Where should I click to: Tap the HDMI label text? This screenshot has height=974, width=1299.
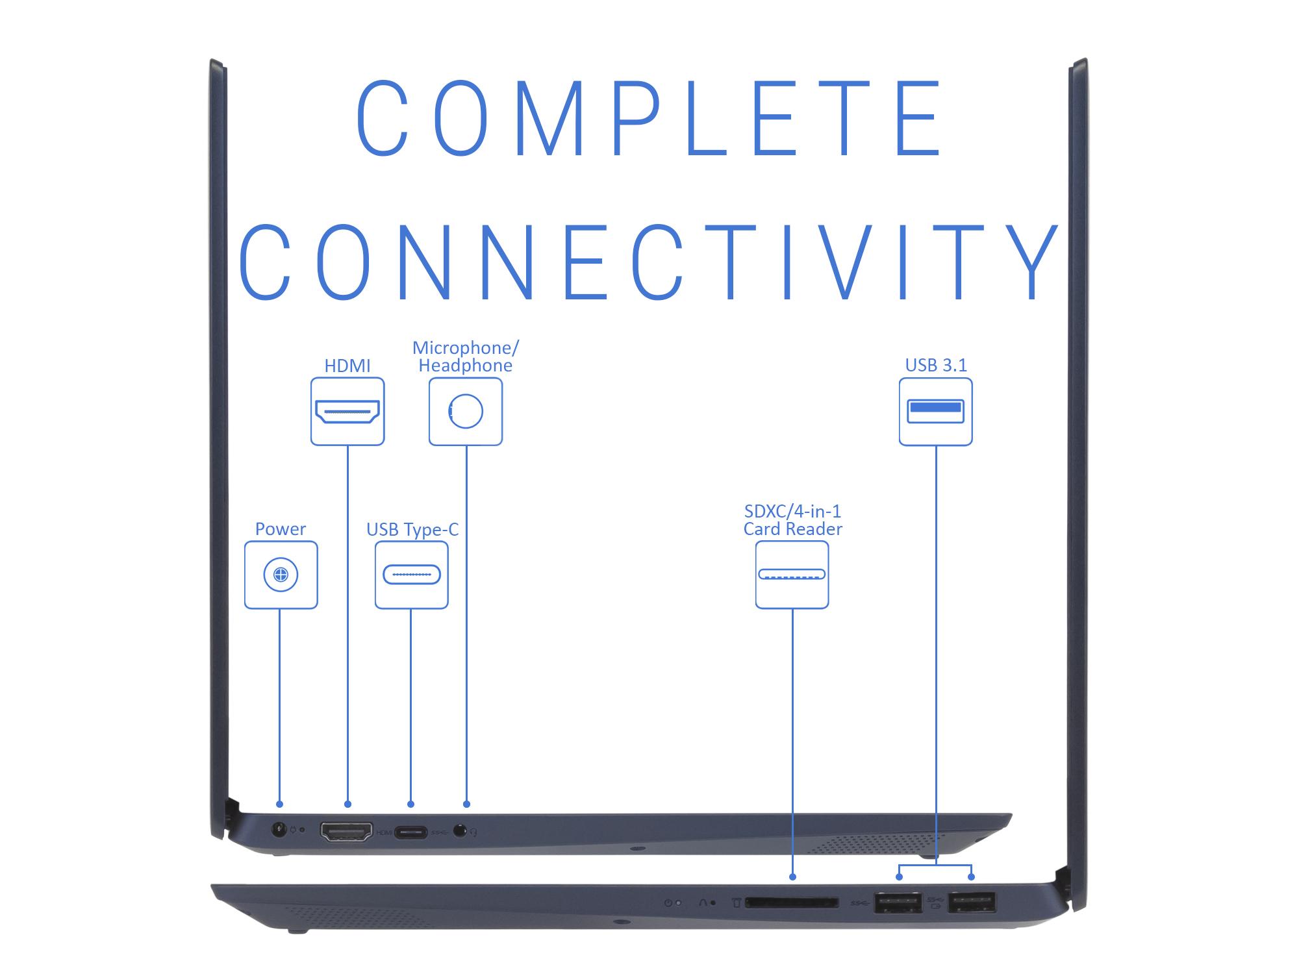pyautogui.click(x=347, y=366)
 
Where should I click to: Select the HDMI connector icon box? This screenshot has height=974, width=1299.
pyautogui.click(x=347, y=412)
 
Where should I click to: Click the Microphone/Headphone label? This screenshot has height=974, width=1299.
pyautogui.click(x=466, y=356)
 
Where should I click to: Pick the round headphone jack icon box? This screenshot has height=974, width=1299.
pyautogui.click(x=466, y=412)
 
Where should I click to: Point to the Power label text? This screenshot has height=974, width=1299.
pyautogui.click(x=281, y=529)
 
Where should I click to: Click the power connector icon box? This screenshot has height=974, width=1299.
pyautogui.click(x=281, y=575)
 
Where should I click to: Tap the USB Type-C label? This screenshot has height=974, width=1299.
pyautogui.click(x=412, y=530)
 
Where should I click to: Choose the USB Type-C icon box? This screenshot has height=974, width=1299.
pyautogui.click(x=412, y=575)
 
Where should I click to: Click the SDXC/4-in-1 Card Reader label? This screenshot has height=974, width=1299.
pyautogui.click(x=792, y=520)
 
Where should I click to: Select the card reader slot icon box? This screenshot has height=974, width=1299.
pyautogui.click(x=792, y=575)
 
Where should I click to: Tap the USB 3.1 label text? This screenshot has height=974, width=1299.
pyautogui.click(x=936, y=366)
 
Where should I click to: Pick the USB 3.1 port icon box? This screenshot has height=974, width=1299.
pyautogui.click(x=936, y=412)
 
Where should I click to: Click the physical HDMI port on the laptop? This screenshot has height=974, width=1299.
pyautogui.click(x=347, y=832)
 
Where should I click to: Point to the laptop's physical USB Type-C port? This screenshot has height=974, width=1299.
pyautogui.click(x=412, y=832)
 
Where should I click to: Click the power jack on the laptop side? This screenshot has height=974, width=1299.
pyautogui.click(x=279, y=830)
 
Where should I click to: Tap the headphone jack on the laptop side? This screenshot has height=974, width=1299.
pyautogui.click(x=461, y=830)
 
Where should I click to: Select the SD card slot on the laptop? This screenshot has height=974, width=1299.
pyautogui.click(x=792, y=903)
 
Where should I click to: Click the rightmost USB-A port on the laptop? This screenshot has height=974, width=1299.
pyautogui.click(x=972, y=903)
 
